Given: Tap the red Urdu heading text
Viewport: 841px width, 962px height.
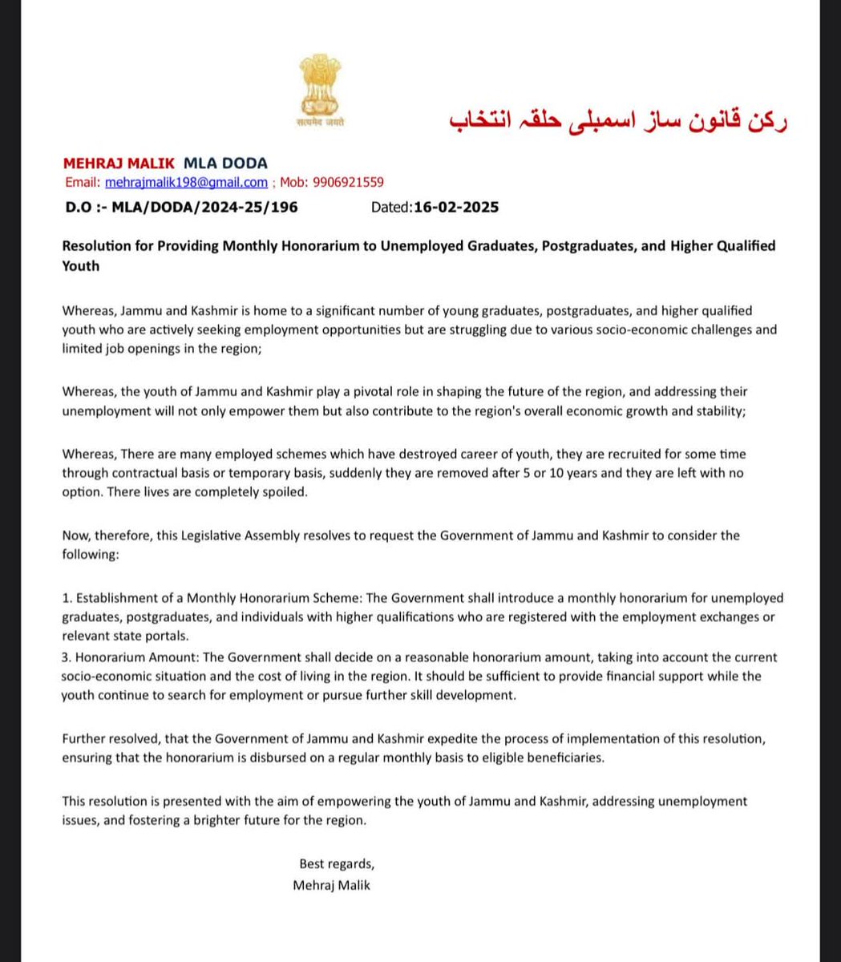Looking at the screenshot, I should pos(617,120).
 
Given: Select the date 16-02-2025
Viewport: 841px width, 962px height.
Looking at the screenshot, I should pos(455,208).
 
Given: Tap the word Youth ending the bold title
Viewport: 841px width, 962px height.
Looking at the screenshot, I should pos(81,265).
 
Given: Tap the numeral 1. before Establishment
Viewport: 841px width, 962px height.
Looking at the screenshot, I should pos(67,598).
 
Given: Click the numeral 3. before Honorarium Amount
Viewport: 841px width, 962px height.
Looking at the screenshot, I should pos(67,657).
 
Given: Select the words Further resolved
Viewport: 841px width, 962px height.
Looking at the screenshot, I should pos(111,738).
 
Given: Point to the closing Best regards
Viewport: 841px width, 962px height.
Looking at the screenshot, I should pos(337,864).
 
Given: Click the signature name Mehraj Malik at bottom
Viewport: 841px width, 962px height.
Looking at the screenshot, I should pos(332,886).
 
